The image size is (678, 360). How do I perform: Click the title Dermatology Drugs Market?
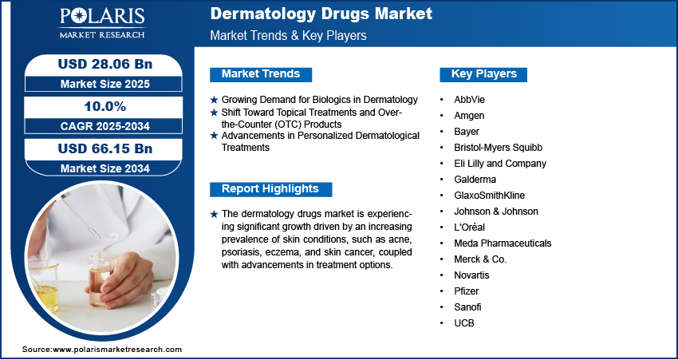point(321,14)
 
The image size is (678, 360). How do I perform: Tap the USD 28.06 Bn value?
point(99,64)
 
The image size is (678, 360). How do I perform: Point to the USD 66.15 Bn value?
point(99,149)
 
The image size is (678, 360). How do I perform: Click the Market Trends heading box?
point(260,74)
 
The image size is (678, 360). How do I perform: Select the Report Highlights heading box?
point(270,189)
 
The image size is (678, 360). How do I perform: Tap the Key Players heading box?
point(483,74)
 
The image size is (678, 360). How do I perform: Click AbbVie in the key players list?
point(469,100)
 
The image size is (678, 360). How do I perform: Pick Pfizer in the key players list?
point(467,291)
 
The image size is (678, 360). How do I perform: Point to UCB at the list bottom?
point(464,323)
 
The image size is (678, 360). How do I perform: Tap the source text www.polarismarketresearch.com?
point(117,350)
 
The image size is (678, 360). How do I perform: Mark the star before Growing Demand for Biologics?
point(214,101)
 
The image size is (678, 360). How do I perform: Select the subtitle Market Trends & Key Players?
point(288,36)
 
